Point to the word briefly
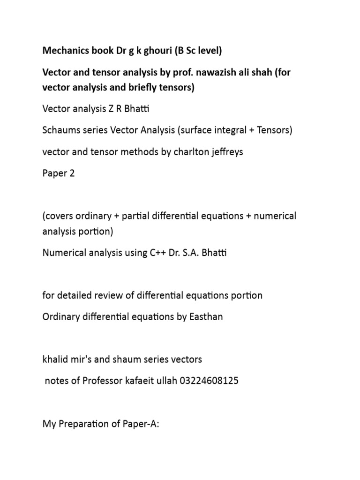pos(136,88)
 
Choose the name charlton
pos(183,152)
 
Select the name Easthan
pos(204,317)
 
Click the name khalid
pos(56,360)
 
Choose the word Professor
pos(103,381)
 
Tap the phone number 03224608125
pos(207,381)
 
